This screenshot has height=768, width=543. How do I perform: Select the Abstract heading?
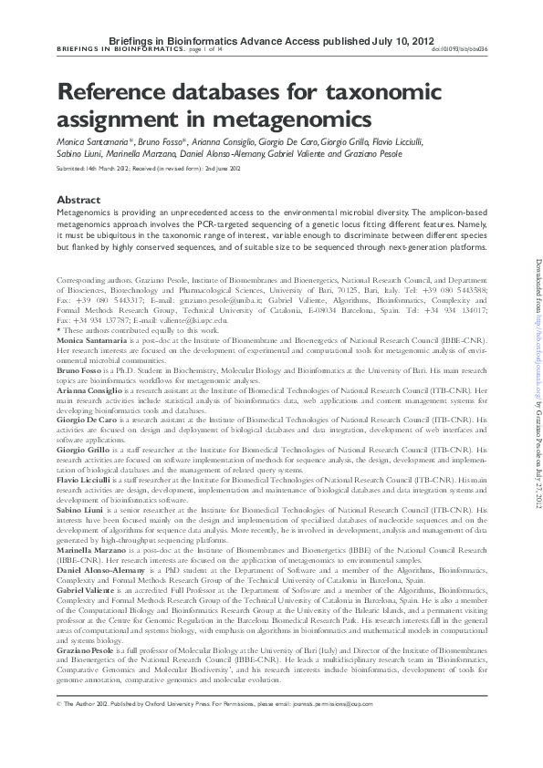point(78,199)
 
